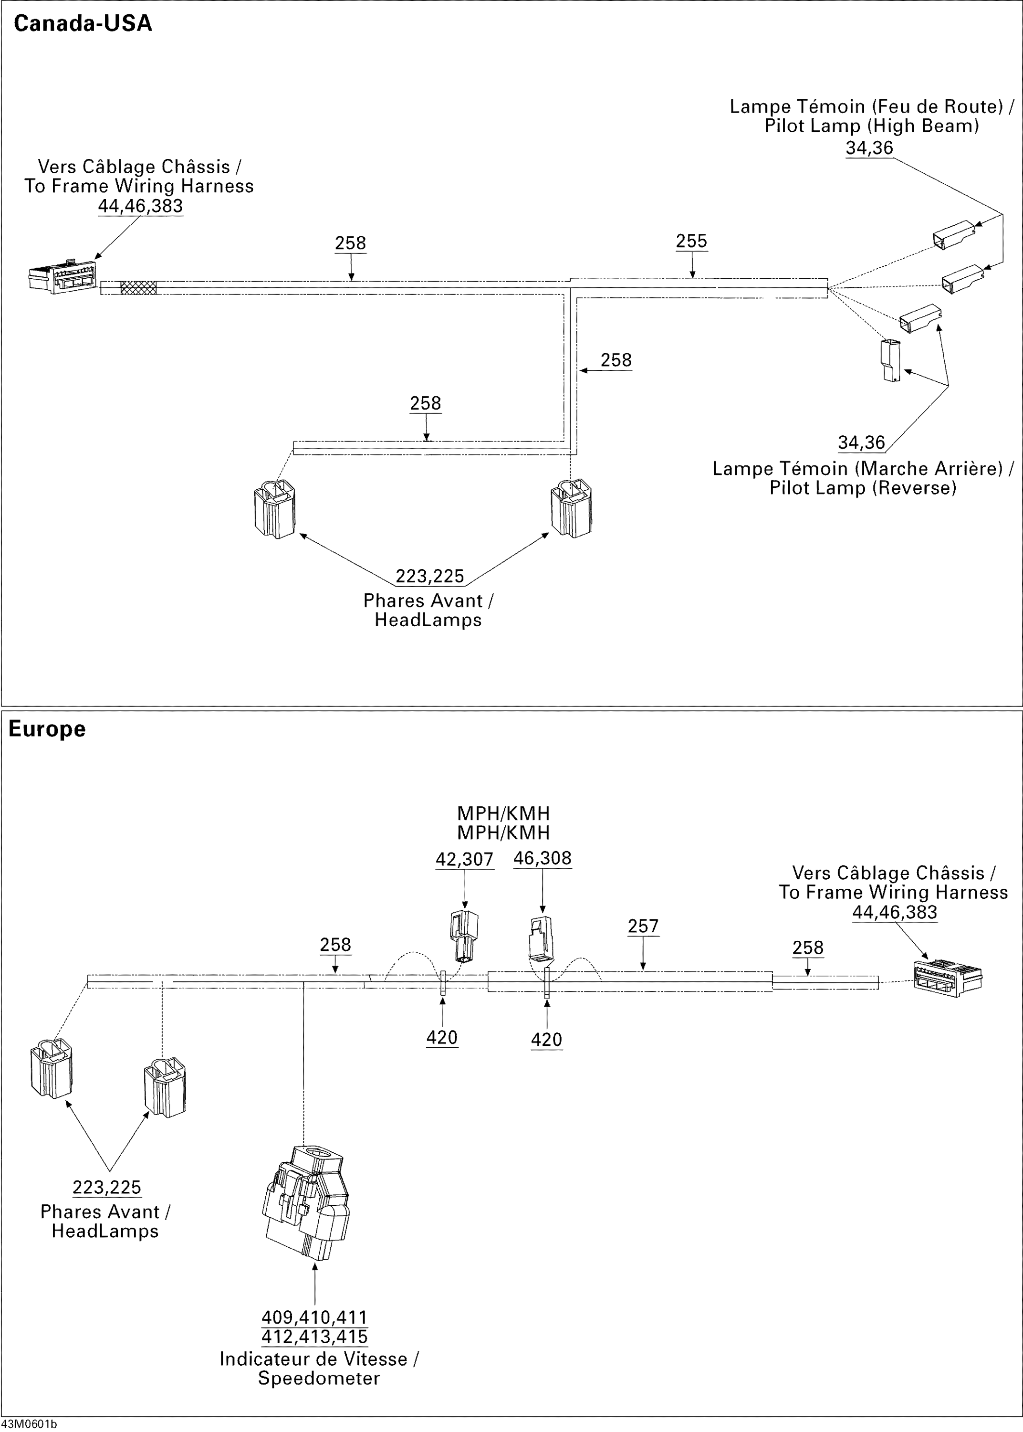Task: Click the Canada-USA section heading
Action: click(x=83, y=23)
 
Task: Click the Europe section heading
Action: click(x=47, y=729)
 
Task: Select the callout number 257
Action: click(x=643, y=926)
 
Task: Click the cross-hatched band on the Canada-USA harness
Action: click(x=138, y=288)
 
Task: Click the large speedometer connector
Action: click(x=305, y=1203)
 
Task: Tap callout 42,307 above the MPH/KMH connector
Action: click(x=464, y=859)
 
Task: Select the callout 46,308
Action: click(x=543, y=858)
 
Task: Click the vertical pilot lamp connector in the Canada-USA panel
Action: click(x=891, y=360)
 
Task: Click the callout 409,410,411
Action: click(x=314, y=1317)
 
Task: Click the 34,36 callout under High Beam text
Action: click(x=869, y=148)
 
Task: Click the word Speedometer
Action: click(x=319, y=1379)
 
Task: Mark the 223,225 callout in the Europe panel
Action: click(x=106, y=1187)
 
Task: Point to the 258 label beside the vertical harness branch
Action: click(x=616, y=360)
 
